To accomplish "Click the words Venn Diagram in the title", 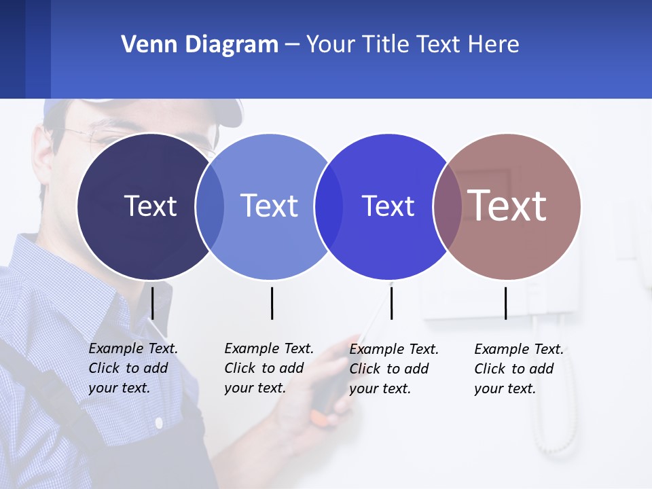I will click(x=200, y=45).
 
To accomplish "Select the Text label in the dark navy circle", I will click(x=150, y=206).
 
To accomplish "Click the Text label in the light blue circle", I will click(x=269, y=206).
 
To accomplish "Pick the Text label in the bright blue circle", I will click(x=388, y=206).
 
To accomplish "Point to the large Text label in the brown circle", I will click(x=507, y=205).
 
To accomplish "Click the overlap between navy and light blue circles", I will click(x=210, y=206).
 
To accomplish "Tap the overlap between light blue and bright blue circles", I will click(x=329, y=206).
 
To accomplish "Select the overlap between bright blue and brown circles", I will click(x=448, y=206).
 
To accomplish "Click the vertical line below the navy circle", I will click(x=153, y=303).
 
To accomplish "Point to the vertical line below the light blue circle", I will click(x=272, y=303).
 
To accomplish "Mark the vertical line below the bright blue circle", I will click(x=391, y=303).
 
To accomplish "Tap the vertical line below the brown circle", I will click(x=506, y=303).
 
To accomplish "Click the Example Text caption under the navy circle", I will click(x=132, y=368).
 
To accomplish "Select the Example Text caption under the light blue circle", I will click(x=268, y=368).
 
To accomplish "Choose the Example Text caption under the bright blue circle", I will click(x=393, y=369).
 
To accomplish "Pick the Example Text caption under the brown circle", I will click(x=518, y=369).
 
